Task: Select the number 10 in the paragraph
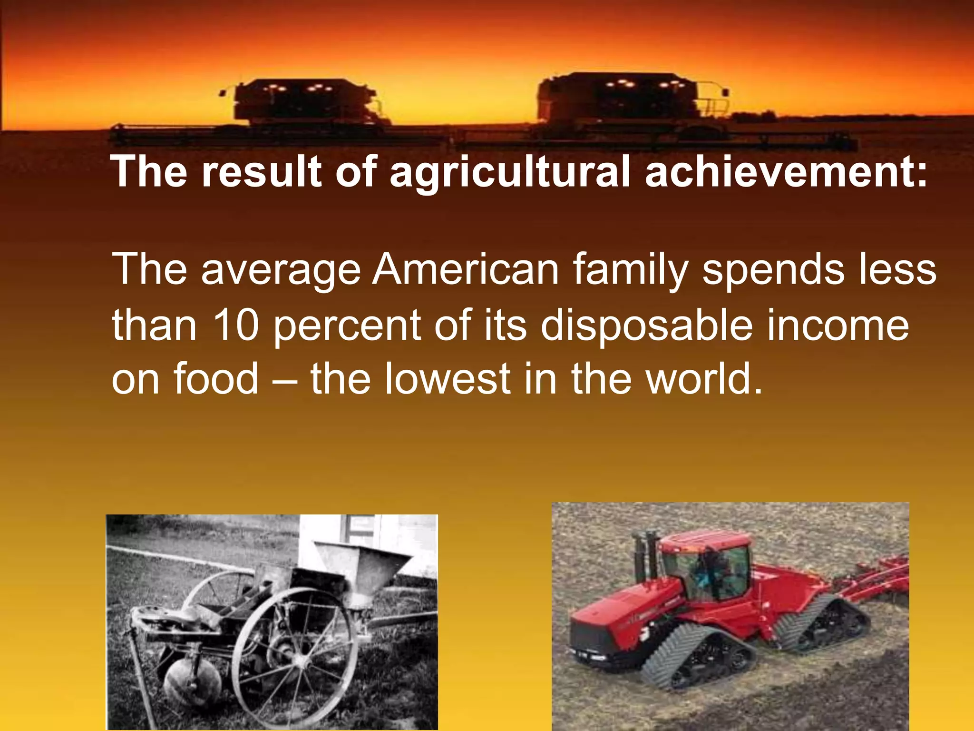235,325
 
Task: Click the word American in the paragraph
466,269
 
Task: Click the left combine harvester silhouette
304,107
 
